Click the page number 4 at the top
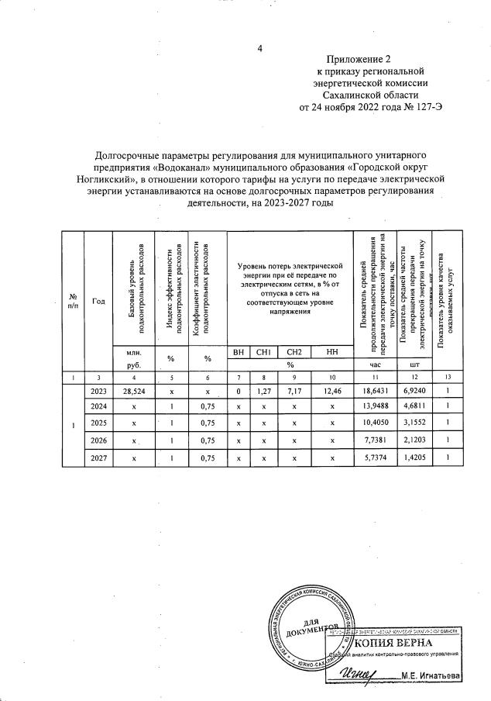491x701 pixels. pos(261,50)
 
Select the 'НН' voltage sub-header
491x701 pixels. pos(332,353)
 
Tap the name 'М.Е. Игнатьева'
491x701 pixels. pos(430,676)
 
